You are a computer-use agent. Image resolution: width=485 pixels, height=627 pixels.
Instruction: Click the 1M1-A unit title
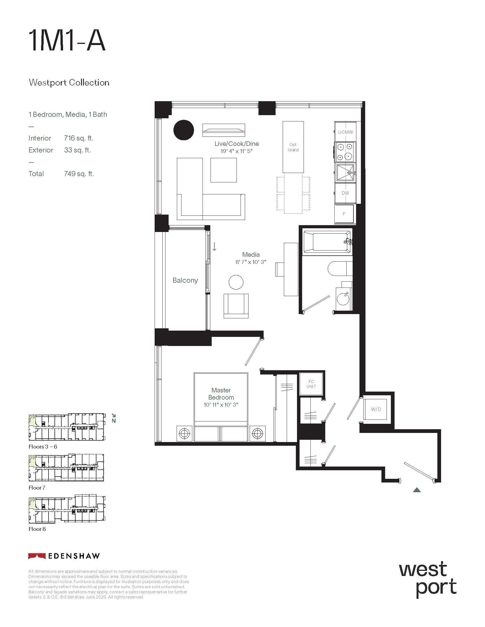[67, 41]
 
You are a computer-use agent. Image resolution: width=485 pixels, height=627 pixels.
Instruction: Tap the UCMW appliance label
[345, 132]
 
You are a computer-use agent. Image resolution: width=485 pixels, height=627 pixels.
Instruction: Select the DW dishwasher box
[345, 193]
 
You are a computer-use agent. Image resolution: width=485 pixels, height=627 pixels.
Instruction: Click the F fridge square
[344, 213]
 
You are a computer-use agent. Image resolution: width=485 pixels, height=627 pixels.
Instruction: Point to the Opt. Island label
[293, 147]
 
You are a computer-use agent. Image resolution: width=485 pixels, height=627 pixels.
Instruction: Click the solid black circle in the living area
[184, 130]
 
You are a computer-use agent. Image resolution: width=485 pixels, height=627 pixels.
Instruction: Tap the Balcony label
[185, 280]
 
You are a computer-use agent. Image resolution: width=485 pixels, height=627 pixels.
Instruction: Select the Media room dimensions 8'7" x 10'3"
[251, 262]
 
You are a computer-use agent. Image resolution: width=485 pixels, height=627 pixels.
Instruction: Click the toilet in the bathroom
[340, 268]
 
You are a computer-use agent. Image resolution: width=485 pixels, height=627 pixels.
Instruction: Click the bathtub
[327, 242]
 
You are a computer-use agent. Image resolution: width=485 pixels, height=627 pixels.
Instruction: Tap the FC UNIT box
[312, 384]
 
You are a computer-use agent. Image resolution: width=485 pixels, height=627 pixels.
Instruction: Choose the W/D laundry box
[376, 409]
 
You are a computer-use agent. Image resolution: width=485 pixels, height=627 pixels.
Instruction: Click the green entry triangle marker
[417, 490]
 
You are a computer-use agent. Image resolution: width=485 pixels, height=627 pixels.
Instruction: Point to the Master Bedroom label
[221, 394]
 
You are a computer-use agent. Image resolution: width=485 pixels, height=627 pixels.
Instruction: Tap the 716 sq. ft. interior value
[79, 138]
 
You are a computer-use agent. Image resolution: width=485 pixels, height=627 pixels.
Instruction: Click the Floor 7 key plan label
[37, 487]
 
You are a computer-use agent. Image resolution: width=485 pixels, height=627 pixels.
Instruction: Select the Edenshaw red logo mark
[37, 556]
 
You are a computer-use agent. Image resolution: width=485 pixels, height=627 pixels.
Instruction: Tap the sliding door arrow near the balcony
[214, 247]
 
